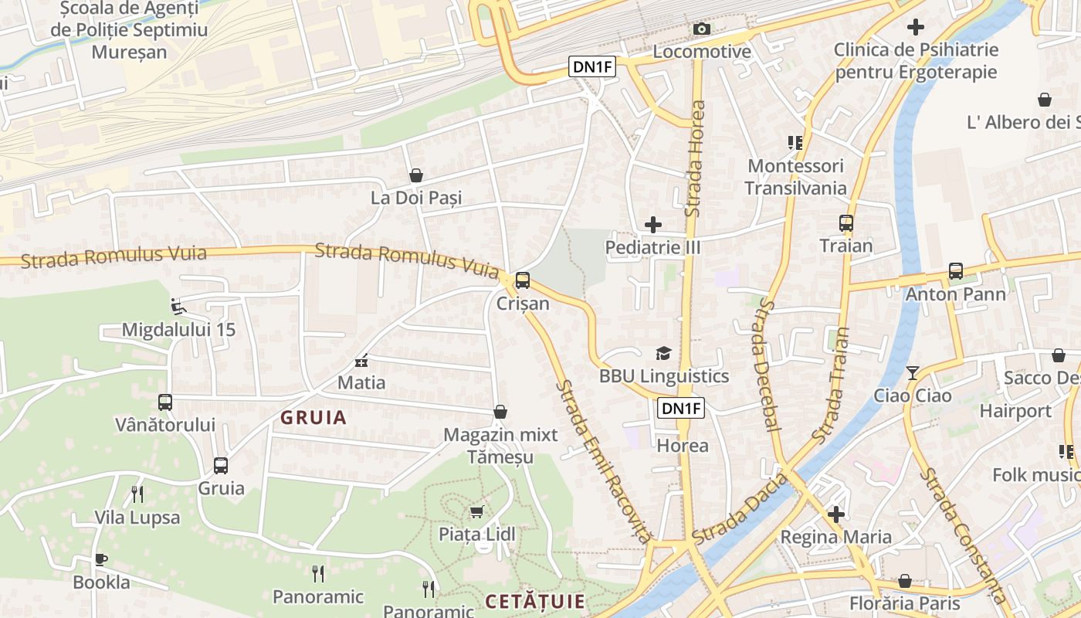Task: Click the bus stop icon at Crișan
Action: (x=523, y=280)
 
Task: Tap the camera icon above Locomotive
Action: (x=701, y=29)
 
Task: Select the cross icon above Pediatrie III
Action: (x=653, y=225)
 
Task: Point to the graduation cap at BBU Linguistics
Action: (x=663, y=353)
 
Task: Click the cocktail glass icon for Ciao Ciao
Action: (x=913, y=373)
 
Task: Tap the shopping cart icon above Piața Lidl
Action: (x=476, y=511)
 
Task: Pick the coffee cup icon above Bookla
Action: (x=101, y=559)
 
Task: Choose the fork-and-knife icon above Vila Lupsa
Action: (x=137, y=494)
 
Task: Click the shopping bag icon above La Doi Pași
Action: (x=416, y=175)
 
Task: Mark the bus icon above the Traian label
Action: (x=846, y=223)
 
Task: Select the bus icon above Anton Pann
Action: (x=956, y=271)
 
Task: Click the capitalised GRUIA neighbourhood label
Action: (x=313, y=418)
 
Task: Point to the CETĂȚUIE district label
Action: (x=535, y=601)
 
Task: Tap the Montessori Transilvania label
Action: (x=795, y=177)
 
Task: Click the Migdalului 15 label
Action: (x=178, y=330)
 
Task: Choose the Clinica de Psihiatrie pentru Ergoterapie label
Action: (x=916, y=61)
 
